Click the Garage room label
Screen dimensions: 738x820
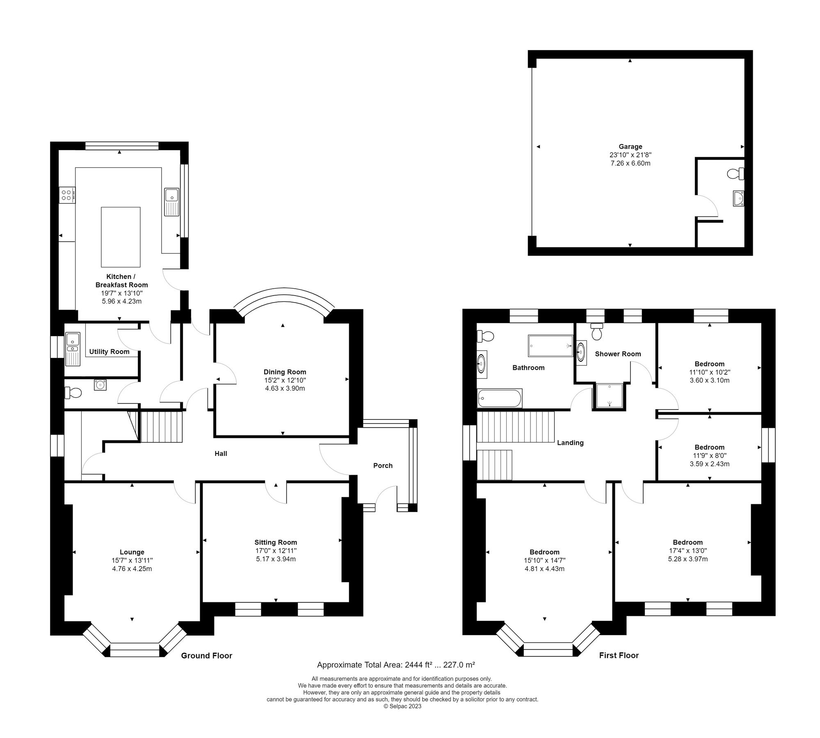click(630, 146)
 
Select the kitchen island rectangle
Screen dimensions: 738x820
click(121, 237)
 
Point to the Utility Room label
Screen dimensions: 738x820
click(109, 351)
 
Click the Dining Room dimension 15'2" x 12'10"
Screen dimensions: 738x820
click(285, 380)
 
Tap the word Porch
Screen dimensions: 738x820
click(383, 465)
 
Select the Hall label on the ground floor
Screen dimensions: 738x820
click(221, 453)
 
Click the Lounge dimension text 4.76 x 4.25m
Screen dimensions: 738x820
click(132, 569)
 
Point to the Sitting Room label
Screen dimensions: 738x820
click(276, 542)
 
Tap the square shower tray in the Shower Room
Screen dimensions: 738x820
click(609, 396)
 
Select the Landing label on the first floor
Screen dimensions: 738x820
click(570, 442)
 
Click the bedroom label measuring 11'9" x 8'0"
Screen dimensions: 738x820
click(709, 447)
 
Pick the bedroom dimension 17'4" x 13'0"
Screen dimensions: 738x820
click(688, 551)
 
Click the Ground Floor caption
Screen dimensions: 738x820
click(207, 656)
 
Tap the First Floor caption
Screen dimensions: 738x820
click(619, 655)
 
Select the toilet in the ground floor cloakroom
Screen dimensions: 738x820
click(74, 393)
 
